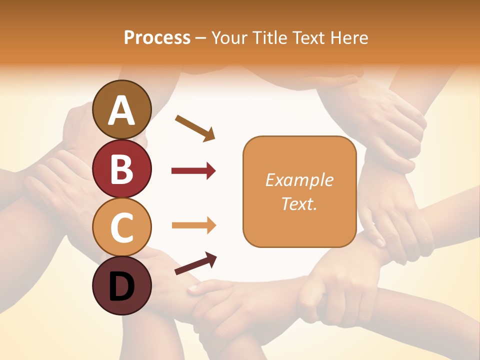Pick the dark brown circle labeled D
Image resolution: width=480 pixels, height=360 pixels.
pos(121,285)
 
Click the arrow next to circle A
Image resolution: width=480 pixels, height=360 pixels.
pos(195,127)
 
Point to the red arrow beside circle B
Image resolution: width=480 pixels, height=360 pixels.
pos(193,171)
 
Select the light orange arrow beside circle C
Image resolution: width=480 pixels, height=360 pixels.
pos(193,225)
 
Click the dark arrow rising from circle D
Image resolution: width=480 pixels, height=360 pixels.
pos(195,263)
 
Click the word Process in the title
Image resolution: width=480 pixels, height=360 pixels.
pos(157,37)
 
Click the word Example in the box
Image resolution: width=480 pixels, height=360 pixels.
pos(299,180)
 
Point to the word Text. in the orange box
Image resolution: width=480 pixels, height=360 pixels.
pos(299,203)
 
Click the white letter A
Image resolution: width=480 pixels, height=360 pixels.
pos(121,110)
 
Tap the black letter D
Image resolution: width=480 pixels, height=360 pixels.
pos(121,286)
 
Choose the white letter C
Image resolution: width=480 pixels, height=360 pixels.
pos(121,227)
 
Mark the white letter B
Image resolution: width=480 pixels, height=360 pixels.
pos(121,169)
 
